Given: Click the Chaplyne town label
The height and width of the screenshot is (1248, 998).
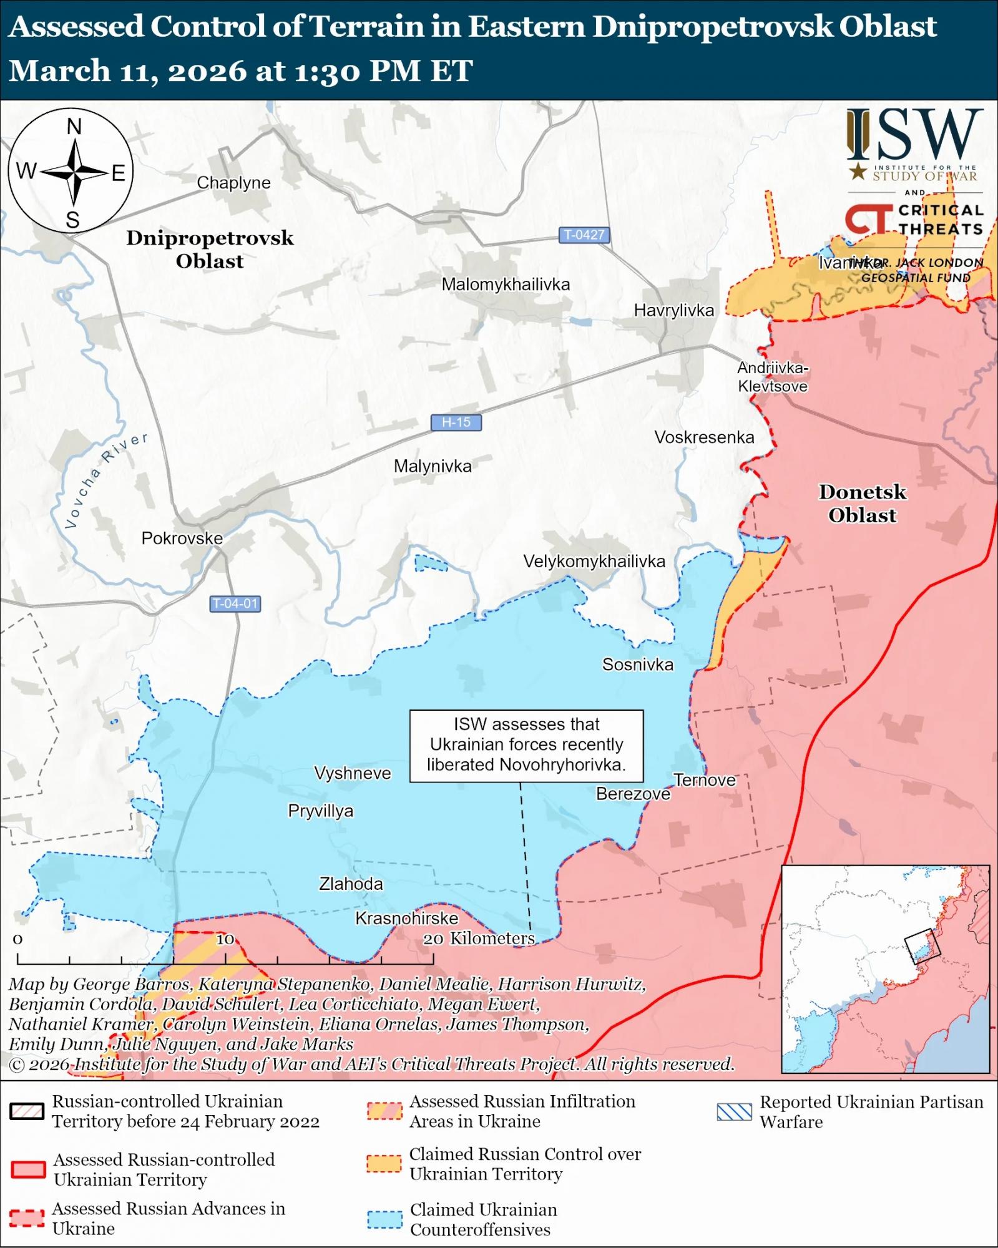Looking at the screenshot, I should coord(233,183).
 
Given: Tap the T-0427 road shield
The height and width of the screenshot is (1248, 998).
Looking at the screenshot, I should coord(584,235).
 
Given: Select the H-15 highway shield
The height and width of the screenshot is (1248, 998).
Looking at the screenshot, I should coord(456,422).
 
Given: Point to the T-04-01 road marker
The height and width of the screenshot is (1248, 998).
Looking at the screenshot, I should coord(235,604).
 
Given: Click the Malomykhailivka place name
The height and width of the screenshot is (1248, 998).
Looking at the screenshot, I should coord(506,285).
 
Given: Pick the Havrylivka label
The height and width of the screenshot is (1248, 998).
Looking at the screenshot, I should coord(673,310).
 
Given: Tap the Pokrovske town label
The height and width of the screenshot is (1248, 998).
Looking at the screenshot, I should coord(182,538).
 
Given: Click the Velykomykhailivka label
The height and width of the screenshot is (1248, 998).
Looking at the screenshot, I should coord(594,562).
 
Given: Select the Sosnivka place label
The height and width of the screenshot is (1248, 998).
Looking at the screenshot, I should coord(637,665).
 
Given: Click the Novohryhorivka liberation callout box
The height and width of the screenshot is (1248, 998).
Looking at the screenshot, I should coord(526,745).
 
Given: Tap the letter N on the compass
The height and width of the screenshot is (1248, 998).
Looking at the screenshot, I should coord(74,127).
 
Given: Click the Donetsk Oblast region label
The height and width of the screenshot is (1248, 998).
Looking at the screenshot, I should coord(862,504).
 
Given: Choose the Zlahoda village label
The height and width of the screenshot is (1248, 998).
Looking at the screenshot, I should coord(351,884).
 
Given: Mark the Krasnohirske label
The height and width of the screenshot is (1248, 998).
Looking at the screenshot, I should coord(406,918).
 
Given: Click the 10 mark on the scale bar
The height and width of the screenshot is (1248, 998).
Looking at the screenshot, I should coord(225,939).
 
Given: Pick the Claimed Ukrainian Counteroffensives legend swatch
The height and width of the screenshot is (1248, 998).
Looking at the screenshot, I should coord(384,1219).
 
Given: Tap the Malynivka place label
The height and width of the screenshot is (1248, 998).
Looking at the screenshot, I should coord(433,466).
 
